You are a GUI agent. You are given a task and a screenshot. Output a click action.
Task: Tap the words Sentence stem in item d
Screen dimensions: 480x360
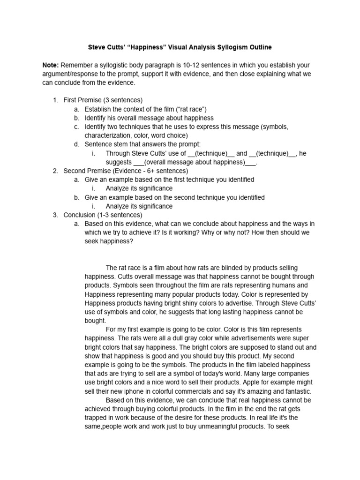click(x=106, y=144)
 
